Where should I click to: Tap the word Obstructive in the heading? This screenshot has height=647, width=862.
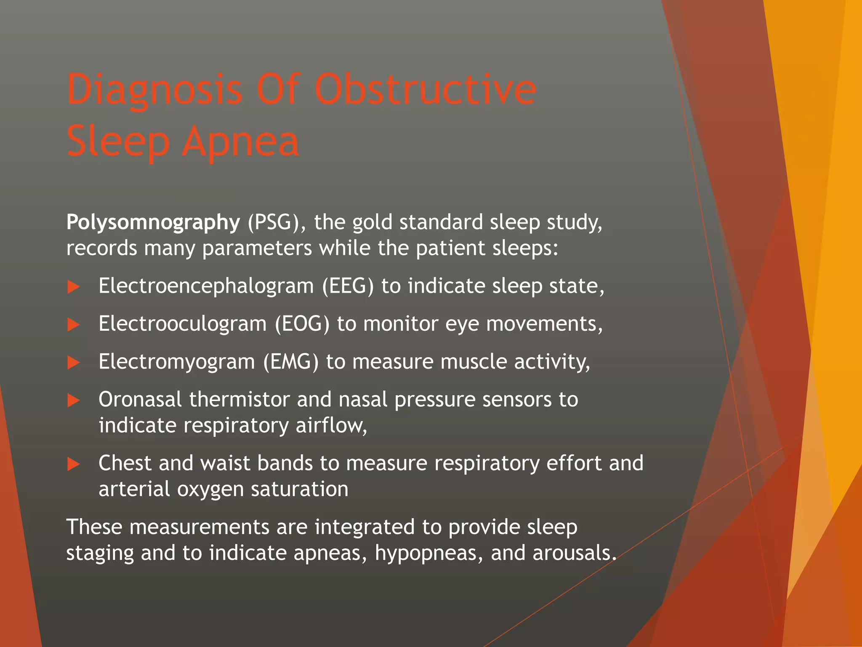coord(425,89)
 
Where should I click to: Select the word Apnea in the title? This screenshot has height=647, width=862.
coord(240,142)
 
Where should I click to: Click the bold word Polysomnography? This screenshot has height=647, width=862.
coord(153,222)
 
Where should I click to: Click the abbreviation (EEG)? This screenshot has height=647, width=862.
coord(348,286)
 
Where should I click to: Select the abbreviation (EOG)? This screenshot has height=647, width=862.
coord(302,324)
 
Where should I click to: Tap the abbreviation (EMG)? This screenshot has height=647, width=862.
coord(291,362)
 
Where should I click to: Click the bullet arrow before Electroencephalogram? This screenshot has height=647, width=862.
coord(74,287)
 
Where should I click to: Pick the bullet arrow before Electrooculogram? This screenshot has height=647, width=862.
coord(74,325)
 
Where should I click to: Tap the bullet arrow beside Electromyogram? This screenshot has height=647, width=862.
coord(74,363)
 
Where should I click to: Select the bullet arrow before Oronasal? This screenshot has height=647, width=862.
coord(74,401)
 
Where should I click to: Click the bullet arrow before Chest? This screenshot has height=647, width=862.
coord(74,464)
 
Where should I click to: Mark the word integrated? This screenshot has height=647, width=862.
coord(364,527)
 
